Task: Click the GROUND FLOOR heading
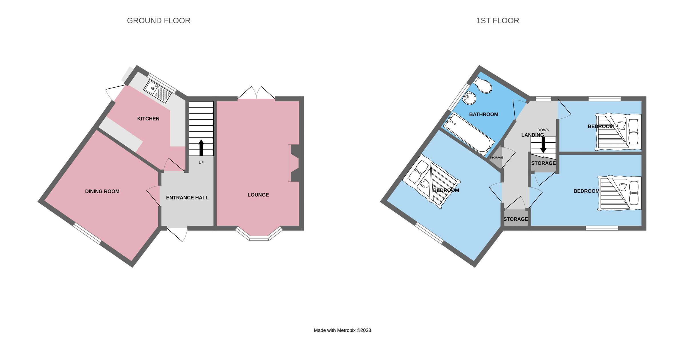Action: [x=158, y=21]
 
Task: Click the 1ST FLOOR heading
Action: [x=497, y=21]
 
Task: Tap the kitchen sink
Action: [x=158, y=91]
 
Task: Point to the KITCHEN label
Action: [x=148, y=119]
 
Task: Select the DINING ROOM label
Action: [x=102, y=191]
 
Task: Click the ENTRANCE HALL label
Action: [x=187, y=198]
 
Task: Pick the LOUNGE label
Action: [x=258, y=195]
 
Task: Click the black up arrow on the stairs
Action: [x=201, y=147]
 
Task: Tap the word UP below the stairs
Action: [x=201, y=163]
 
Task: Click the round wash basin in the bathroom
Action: [x=470, y=98]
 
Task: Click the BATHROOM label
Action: [x=483, y=114]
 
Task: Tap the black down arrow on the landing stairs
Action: [x=543, y=145]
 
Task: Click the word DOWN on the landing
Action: [x=543, y=130]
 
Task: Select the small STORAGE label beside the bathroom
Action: [x=496, y=157]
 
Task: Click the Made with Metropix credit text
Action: [x=342, y=330]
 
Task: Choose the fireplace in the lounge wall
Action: [x=294, y=163]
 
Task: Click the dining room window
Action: [x=87, y=234]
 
